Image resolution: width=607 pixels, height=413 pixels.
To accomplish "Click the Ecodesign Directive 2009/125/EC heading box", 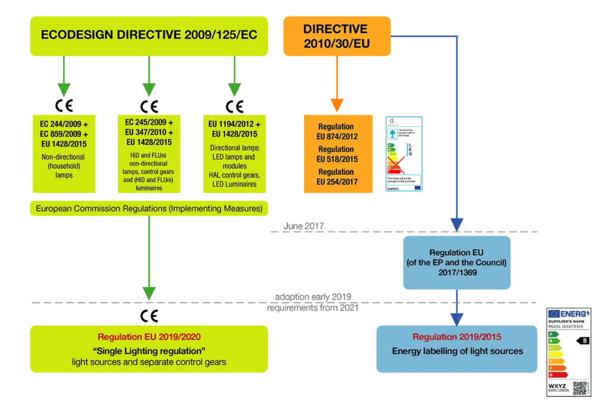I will pyautogui.click(x=149, y=36).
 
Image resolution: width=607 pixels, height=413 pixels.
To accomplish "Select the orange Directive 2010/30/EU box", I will pyautogui.click(x=336, y=36).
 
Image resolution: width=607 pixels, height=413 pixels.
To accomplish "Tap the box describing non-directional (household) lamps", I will pyautogui.click(x=64, y=153).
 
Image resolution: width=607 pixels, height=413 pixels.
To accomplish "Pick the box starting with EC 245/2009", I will pyautogui.click(x=149, y=153).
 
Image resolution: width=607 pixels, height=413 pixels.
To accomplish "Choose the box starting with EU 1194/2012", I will pyautogui.click(x=234, y=153).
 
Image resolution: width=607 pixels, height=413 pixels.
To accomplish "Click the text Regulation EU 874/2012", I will pyautogui.click(x=336, y=132).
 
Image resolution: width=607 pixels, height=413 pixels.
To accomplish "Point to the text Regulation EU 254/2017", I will pyautogui.click(x=336, y=177).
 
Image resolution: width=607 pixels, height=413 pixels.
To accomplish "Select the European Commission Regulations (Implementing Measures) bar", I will pyautogui.click(x=149, y=209).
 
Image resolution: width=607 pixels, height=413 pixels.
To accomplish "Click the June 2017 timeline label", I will pyautogui.click(x=303, y=226).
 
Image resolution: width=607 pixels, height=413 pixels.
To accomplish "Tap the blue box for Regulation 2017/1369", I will pyautogui.click(x=456, y=262).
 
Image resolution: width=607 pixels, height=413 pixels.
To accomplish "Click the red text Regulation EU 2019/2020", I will pyautogui.click(x=149, y=337).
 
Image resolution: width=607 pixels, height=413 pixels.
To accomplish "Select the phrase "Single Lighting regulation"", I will pyautogui.click(x=149, y=350).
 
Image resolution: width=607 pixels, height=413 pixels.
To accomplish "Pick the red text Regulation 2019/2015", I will pyautogui.click(x=457, y=337).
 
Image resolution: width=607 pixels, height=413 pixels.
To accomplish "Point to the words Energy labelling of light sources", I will pyautogui.click(x=457, y=351).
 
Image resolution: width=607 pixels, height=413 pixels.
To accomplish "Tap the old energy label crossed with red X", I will pyautogui.click(x=404, y=153).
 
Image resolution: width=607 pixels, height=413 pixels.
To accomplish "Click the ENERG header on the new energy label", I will pyautogui.click(x=569, y=313).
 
